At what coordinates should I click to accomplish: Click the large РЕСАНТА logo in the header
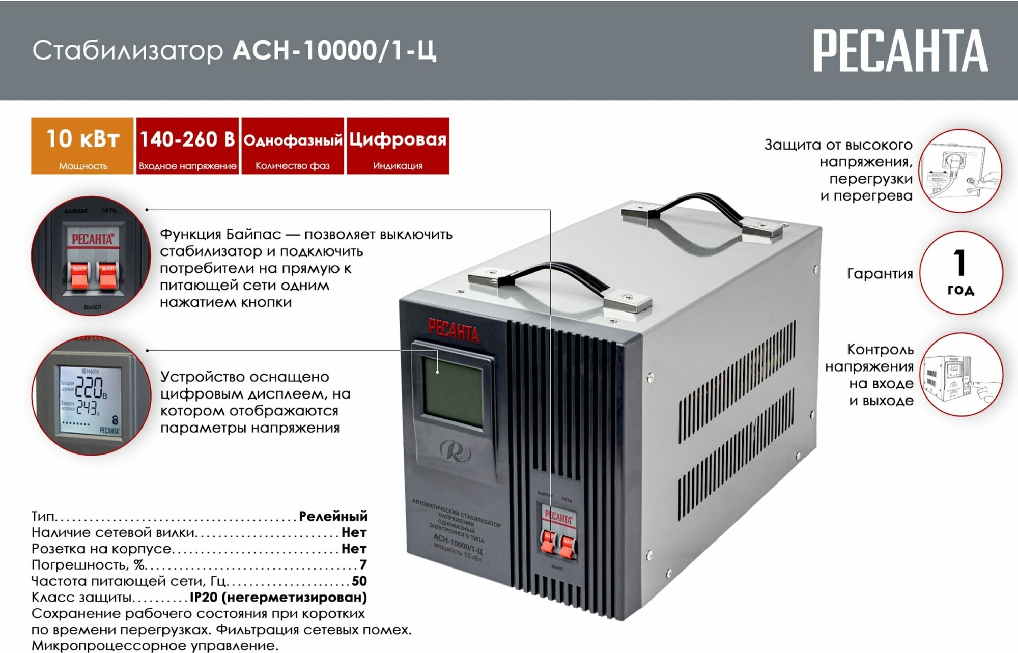900,50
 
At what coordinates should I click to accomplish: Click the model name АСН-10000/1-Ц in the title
334,50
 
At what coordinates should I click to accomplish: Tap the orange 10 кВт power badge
82,146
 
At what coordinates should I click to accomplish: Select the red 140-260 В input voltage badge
187,146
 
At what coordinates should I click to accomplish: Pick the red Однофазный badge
293,146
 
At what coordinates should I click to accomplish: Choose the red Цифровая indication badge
398,146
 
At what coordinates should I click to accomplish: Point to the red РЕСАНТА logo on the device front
453,331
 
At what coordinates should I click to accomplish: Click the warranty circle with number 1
960,273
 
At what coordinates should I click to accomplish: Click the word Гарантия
880,274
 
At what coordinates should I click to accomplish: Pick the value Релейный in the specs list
333,516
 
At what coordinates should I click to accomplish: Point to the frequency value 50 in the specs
359,581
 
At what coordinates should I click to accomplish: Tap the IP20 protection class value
278,597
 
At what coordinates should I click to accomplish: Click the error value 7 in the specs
363,564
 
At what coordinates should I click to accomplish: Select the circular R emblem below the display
455,451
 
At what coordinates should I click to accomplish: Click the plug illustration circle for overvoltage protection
961,171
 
